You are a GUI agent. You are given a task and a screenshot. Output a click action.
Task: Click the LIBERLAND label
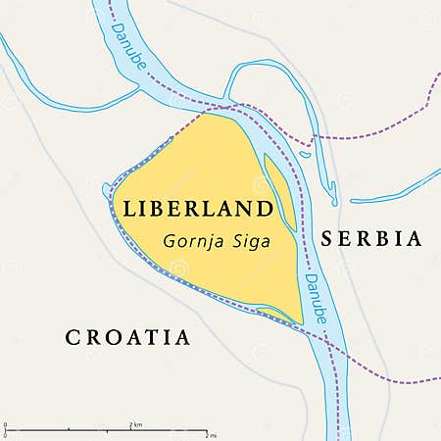[x=196, y=209]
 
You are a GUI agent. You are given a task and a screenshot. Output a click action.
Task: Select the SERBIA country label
[x=369, y=238]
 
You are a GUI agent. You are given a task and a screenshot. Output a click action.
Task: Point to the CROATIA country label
[x=127, y=337]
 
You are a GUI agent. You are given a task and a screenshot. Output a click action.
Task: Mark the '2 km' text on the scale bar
[x=136, y=423]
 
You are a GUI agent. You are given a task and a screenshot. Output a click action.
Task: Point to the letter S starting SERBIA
[x=324, y=238]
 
